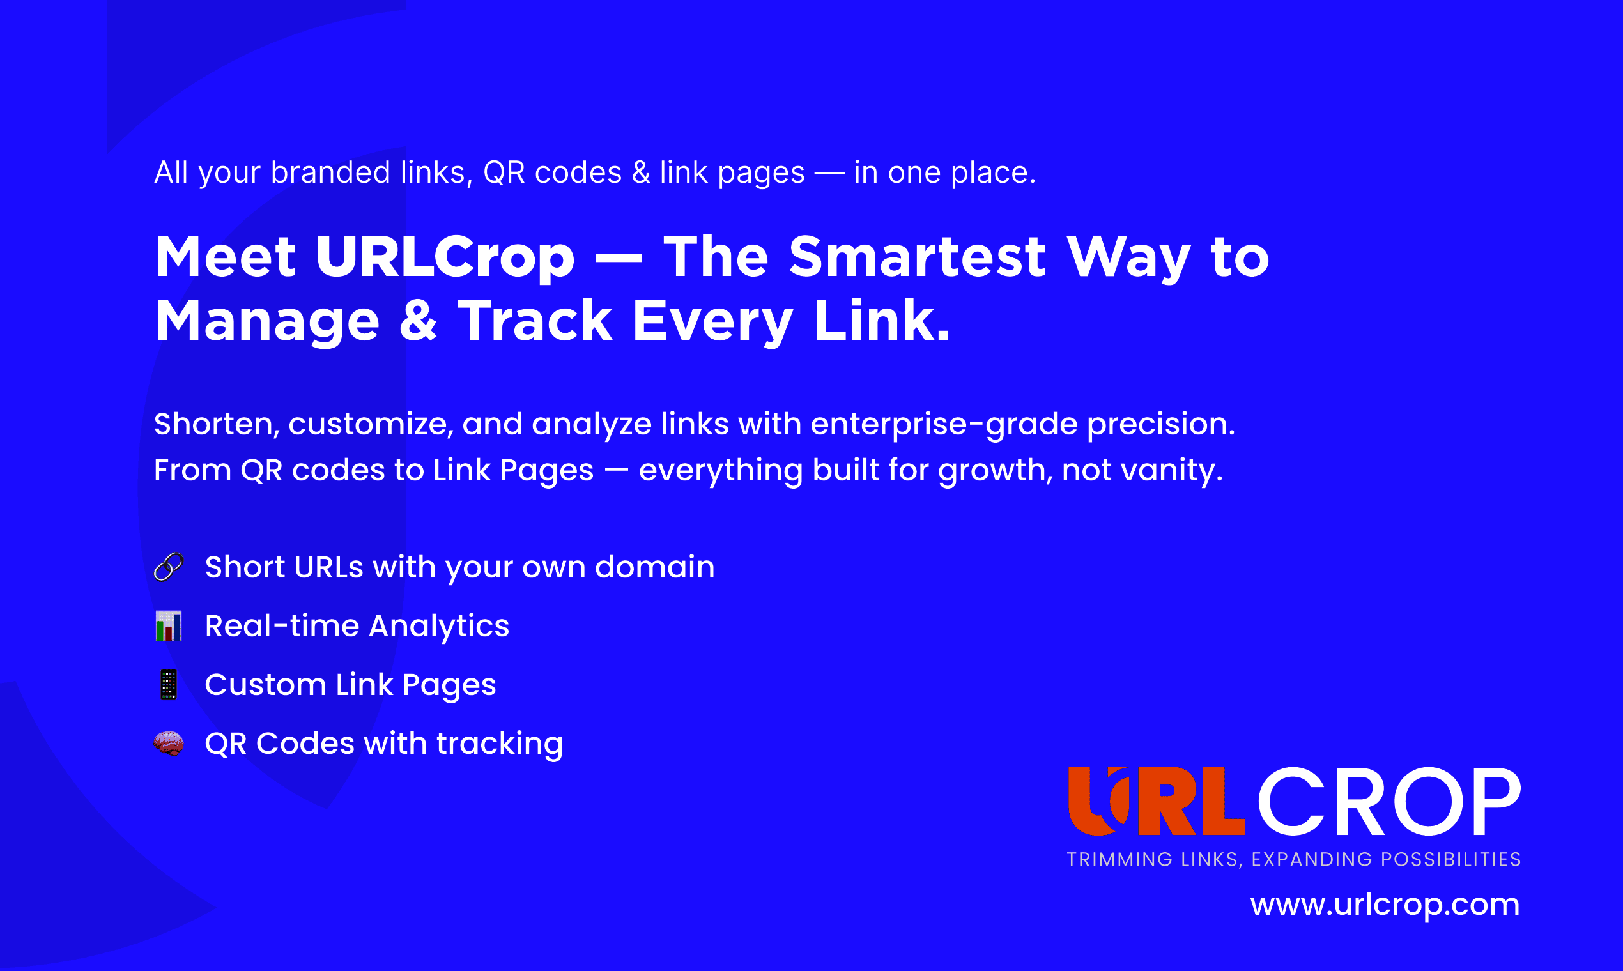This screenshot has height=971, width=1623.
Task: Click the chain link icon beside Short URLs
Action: click(169, 567)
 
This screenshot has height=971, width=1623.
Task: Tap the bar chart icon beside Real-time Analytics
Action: click(169, 625)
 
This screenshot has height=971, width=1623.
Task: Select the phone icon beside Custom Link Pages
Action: click(169, 684)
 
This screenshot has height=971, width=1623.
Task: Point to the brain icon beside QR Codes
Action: click(169, 744)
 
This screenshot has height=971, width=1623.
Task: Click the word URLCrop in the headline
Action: click(445, 257)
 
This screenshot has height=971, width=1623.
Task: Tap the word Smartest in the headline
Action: click(918, 257)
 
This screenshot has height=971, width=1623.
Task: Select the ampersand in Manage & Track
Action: click(418, 321)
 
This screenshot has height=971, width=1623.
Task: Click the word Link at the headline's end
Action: click(882, 320)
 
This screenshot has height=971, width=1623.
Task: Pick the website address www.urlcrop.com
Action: click(1385, 905)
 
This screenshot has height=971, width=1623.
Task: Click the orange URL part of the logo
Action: click(1157, 801)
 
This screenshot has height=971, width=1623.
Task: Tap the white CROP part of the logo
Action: click(1388, 802)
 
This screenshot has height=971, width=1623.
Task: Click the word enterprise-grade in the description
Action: click(944, 425)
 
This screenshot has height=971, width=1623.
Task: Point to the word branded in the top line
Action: click(330, 172)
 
